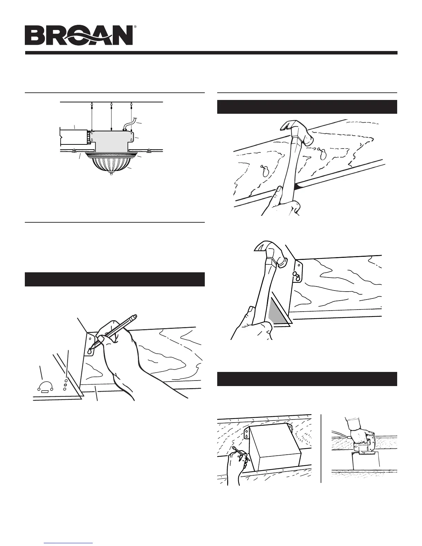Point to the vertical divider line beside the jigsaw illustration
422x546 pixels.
[321, 448]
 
